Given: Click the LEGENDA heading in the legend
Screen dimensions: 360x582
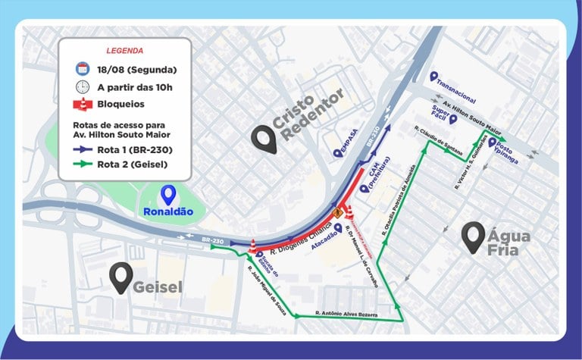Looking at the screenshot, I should click(x=124, y=51).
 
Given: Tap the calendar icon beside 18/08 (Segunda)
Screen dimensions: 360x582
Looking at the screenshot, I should click(x=83, y=70).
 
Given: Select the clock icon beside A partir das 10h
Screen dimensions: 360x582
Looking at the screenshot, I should click(x=83, y=86).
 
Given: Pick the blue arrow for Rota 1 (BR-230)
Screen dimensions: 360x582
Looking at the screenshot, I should click(x=83, y=149).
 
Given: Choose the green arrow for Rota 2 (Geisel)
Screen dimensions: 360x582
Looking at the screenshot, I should click(x=83, y=163).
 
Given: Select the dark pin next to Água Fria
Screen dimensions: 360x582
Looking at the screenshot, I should click(x=475, y=236).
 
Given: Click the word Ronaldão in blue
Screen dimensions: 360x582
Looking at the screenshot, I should click(x=168, y=212).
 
